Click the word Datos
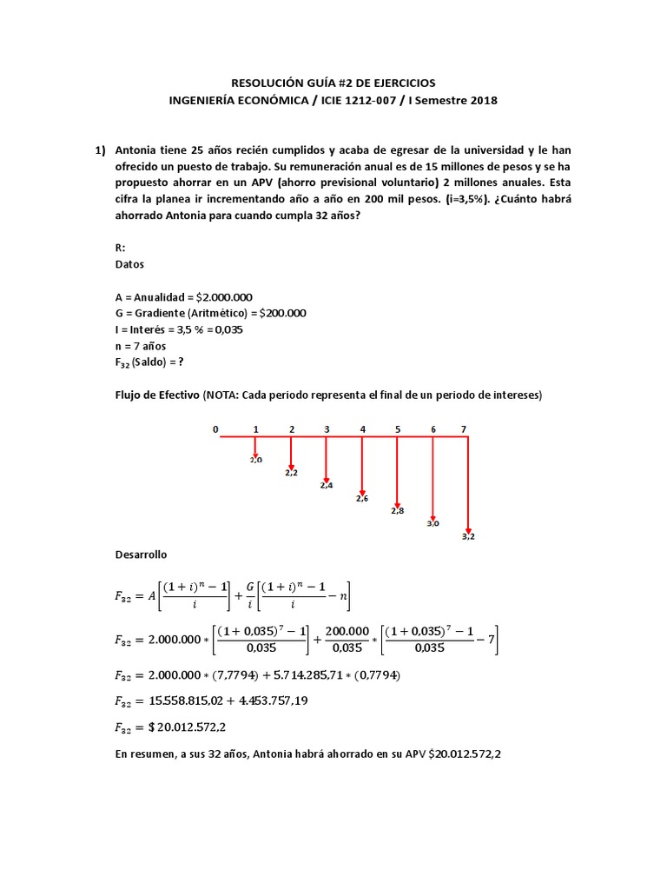pyautogui.click(x=129, y=264)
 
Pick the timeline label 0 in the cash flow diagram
pyautogui.click(x=216, y=429)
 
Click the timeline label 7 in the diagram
pyautogui.click(x=464, y=429)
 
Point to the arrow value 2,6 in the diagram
pyautogui.click(x=362, y=498)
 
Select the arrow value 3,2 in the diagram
pyautogui.click(x=468, y=536)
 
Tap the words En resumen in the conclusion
pyautogui.click(x=144, y=754)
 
